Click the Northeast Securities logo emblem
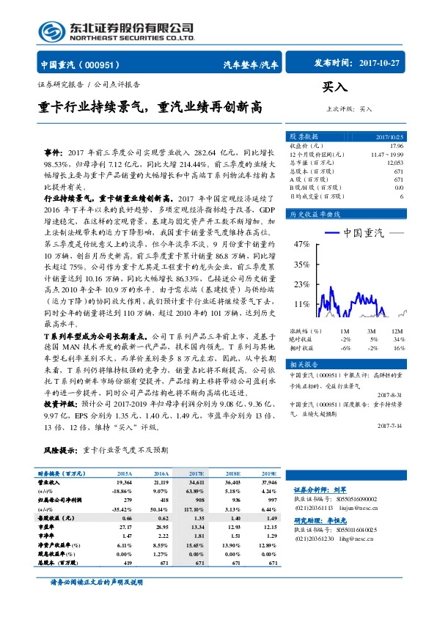point(52,30)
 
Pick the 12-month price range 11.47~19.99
point(387,155)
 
